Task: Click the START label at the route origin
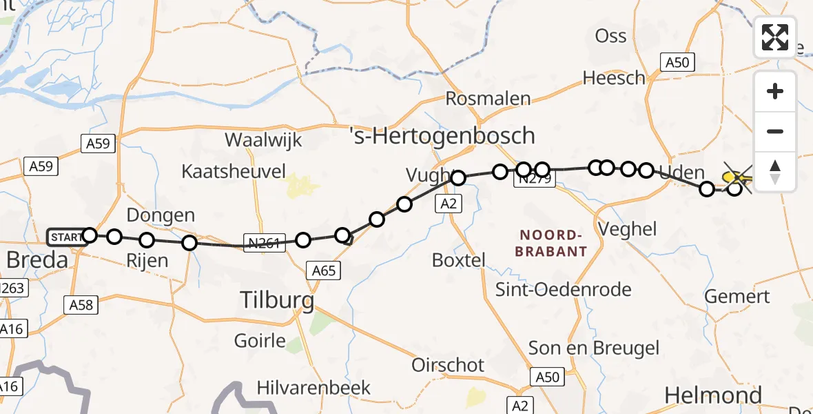pyautogui.click(x=65, y=237)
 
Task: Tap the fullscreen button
pyautogui.click(x=775, y=37)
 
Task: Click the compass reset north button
pyautogui.click(x=775, y=172)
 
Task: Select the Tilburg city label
pyautogui.click(x=276, y=300)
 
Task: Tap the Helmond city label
pyautogui.click(x=713, y=395)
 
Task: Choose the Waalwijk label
pyautogui.click(x=264, y=140)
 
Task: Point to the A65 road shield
pyautogui.click(x=323, y=270)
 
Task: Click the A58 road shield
pyautogui.click(x=81, y=304)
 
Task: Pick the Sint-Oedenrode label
pyautogui.click(x=564, y=289)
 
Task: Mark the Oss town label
pyautogui.click(x=610, y=36)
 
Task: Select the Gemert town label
pyautogui.click(x=737, y=297)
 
